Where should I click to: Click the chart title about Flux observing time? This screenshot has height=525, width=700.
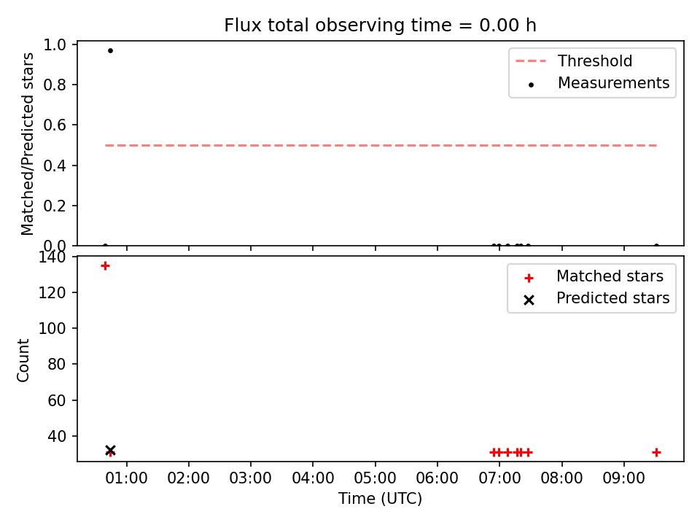(x=380, y=26)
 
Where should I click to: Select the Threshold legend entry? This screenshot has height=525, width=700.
(x=574, y=61)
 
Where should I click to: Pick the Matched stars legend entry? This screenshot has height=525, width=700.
(x=594, y=276)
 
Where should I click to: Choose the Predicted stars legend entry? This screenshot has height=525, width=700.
(x=596, y=298)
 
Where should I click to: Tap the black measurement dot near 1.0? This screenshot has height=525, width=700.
(x=110, y=50)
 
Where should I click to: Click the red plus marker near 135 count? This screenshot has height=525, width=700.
(x=105, y=266)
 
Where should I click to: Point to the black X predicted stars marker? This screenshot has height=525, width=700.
(x=110, y=450)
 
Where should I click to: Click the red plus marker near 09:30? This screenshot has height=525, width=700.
(x=656, y=453)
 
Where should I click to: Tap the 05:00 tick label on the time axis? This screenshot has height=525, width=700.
(x=375, y=478)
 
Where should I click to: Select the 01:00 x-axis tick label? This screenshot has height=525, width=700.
(x=126, y=478)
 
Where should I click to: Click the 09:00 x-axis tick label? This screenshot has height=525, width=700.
(x=623, y=478)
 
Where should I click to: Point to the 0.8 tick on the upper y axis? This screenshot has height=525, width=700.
(x=55, y=85)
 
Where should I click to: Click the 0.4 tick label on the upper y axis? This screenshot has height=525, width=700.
(x=55, y=166)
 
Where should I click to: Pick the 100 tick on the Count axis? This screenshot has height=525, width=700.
(x=52, y=329)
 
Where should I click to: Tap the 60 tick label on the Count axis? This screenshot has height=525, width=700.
(x=57, y=400)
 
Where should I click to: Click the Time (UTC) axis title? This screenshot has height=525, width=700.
(x=380, y=499)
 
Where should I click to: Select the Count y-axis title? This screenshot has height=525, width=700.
(x=23, y=360)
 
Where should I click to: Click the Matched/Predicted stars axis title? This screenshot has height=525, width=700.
(x=27, y=144)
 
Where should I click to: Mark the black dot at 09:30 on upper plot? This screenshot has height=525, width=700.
(x=656, y=246)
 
